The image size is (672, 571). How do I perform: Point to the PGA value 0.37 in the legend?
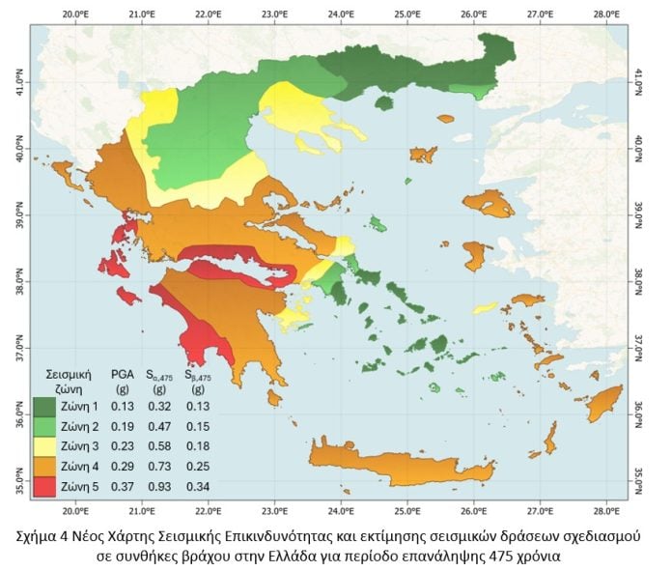coord(122,487)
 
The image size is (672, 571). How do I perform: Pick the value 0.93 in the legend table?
coord(159,487)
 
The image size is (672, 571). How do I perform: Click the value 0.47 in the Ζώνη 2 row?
coord(159,426)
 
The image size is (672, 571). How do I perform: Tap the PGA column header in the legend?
coord(122,372)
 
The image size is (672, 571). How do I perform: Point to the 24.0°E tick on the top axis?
coord(341,14)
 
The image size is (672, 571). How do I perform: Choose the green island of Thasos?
coord(384,102)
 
